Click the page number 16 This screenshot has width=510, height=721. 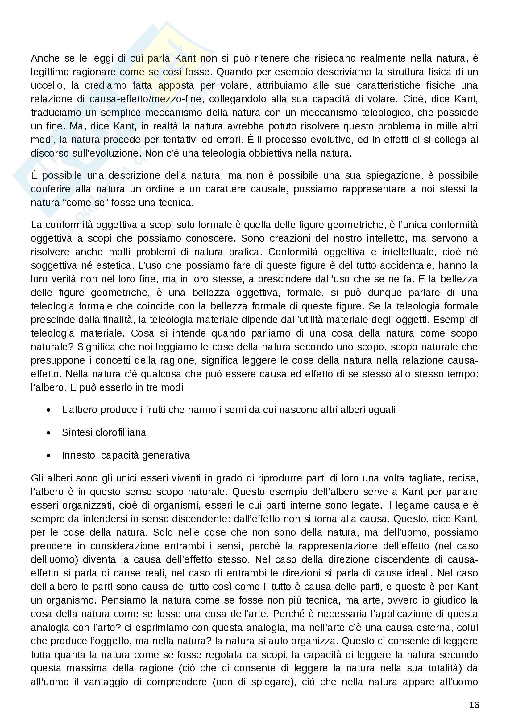click(x=474, y=705)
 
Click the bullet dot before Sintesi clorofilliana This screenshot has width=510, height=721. click(x=48, y=433)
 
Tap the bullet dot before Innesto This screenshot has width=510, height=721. click(x=48, y=456)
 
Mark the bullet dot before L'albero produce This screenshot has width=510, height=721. click(x=48, y=410)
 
